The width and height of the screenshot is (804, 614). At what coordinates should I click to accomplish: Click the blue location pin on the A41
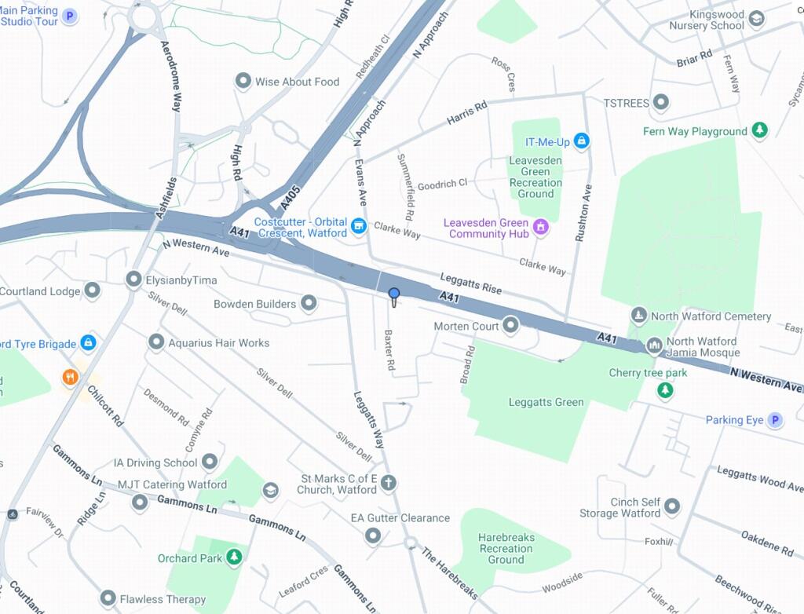394,294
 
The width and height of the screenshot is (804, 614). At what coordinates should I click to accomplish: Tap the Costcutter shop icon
359,226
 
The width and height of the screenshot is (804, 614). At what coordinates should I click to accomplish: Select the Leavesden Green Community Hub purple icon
540,228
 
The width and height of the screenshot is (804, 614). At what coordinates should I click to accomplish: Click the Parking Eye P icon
775,420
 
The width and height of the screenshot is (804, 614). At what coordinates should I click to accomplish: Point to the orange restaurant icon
71,378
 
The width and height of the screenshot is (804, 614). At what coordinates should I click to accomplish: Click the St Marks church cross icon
389,483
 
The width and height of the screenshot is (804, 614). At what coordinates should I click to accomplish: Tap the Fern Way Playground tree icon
758,130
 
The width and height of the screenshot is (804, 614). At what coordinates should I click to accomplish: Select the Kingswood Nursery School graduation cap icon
756,19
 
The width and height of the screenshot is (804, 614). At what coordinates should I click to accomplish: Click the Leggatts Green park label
546,402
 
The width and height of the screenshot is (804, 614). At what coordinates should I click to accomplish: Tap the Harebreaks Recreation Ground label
506,548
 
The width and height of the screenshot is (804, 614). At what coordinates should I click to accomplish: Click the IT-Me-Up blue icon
581,141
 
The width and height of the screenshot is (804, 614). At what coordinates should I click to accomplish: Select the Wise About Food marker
243,81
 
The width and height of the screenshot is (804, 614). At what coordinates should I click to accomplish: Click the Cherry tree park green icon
666,389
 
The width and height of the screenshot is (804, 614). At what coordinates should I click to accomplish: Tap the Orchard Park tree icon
234,557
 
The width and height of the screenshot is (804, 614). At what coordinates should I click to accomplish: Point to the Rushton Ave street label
583,213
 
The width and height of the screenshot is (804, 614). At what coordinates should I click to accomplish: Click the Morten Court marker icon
511,324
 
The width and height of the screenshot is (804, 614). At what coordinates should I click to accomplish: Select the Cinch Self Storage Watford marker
672,506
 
